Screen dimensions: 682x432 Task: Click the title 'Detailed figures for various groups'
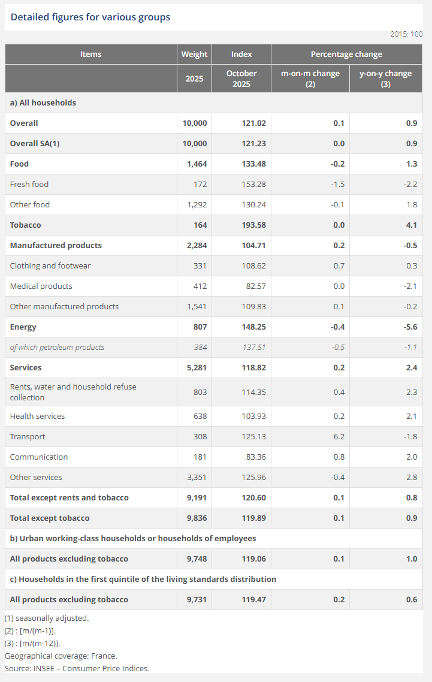click(90, 17)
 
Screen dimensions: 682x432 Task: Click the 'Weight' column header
click(194, 54)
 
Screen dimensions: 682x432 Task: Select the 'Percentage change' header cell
click(346, 54)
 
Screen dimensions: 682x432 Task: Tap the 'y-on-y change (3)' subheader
click(385, 79)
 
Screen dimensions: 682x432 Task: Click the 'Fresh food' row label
click(29, 184)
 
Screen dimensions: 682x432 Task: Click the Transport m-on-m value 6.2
click(339, 436)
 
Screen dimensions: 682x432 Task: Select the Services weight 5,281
click(195, 367)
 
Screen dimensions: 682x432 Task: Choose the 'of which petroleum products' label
click(57, 347)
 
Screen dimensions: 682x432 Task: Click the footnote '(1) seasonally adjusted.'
click(47, 618)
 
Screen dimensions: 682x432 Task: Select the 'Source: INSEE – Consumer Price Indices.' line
click(77, 668)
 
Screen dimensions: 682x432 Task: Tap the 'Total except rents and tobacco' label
click(70, 497)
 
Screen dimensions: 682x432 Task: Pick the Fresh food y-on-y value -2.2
click(410, 184)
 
